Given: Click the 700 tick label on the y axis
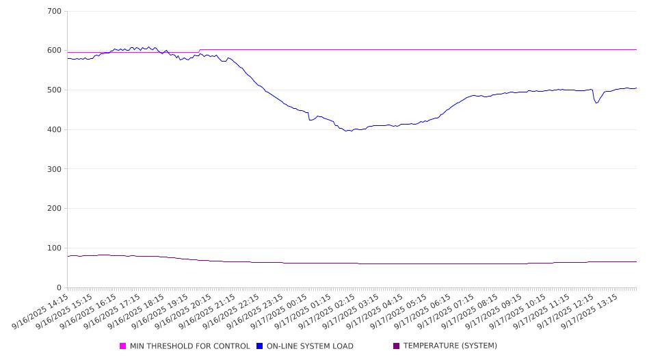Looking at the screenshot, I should coord(54,12).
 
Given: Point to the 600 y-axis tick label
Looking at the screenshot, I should coord(54,51).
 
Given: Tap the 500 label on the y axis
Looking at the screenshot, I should coord(54,90).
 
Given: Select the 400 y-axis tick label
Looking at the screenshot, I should coord(54,130).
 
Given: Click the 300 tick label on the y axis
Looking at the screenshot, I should coord(54,169).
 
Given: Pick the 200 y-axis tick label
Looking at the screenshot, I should coord(54,209).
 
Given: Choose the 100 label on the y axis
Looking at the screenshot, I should coord(54,248).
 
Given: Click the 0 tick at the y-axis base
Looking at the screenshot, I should coord(60,288).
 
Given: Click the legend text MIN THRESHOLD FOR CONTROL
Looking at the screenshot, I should coord(189,346).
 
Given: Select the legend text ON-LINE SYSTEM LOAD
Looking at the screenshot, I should coord(310,346).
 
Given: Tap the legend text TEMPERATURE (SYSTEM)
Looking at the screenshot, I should coord(450,346).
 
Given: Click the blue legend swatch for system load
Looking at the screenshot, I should coord(260,346).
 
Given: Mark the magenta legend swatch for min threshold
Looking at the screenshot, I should coord(123,346).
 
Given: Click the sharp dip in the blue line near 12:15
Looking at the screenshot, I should coord(596,103).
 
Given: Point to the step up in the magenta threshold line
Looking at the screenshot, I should coord(199,51).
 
